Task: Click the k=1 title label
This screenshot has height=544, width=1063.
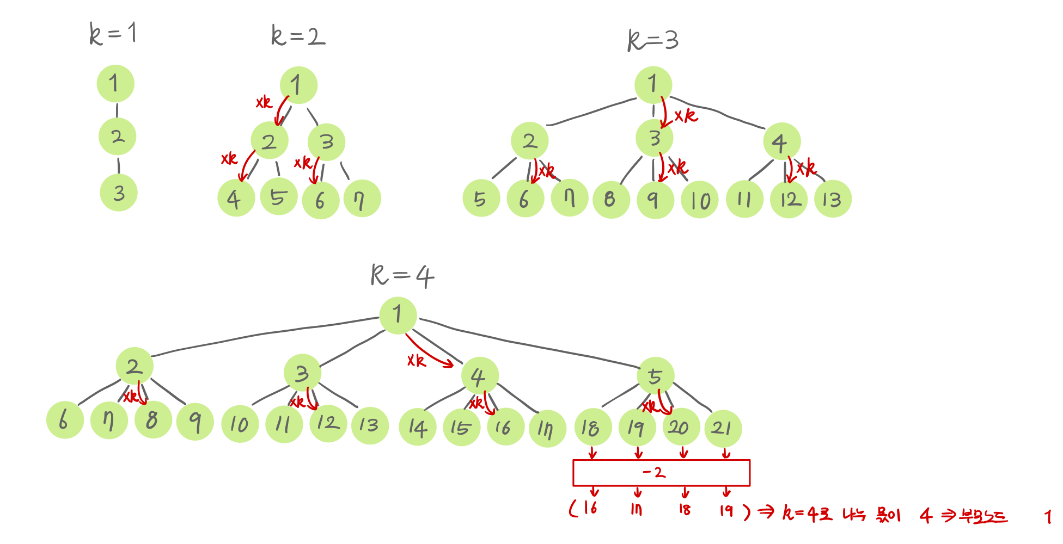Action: (x=113, y=34)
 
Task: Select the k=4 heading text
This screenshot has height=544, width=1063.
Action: (x=402, y=275)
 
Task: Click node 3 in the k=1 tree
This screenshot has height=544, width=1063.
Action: (x=119, y=193)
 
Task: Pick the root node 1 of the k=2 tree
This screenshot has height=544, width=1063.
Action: (x=298, y=85)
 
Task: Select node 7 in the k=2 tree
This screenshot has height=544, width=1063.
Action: (x=362, y=199)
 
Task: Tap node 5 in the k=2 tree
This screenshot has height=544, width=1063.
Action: (x=278, y=196)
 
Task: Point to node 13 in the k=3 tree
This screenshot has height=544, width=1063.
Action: (x=833, y=199)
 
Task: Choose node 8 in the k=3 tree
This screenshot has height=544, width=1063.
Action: (x=611, y=200)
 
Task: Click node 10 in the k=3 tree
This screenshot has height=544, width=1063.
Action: (x=700, y=200)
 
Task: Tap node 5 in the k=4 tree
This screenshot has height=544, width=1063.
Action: (x=656, y=376)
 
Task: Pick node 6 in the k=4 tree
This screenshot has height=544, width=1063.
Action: (x=65, y=420)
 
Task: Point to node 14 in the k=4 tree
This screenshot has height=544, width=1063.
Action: (x=418, y=428)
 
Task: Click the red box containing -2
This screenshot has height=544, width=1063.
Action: (x=661, y=473)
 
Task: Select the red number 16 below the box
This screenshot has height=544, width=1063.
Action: (x=590, y=508)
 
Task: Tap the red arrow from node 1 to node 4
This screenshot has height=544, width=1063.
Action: (x=430, y=353)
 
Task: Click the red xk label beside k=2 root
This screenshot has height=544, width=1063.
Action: (x=264, y=102)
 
